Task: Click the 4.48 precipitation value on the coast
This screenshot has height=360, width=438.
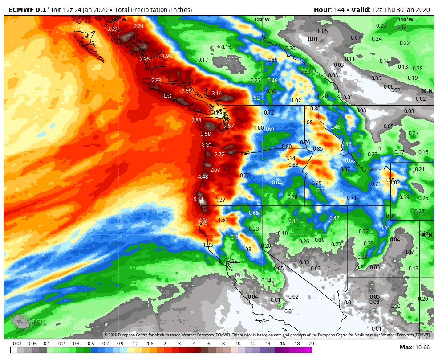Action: (x=203, y=177)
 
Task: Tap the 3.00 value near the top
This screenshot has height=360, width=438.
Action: (x=112, y=29)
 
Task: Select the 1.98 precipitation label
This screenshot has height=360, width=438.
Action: (x=167, y=56)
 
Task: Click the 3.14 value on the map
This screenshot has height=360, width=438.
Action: (x=216, y=94)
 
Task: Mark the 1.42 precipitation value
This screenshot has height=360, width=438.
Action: (x=245, y=154)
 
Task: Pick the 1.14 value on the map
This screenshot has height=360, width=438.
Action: (x=290, y=158)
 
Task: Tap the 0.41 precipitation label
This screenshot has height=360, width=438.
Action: (x=293, y=221)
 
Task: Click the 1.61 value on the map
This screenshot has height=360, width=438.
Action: (x=223, y=220)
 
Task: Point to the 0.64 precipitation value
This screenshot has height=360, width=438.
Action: (x=277, y=183)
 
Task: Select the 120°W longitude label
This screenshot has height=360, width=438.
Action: (x=262, y=20)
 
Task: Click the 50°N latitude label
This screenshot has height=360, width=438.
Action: (x=426, y=91)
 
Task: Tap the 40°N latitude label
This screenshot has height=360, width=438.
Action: (x=426, y=235)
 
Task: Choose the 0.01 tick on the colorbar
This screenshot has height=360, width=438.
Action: (x=17, y=344)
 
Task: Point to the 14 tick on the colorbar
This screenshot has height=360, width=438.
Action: (x=268, y=344)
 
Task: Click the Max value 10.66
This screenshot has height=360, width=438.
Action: (x=422, y=348)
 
